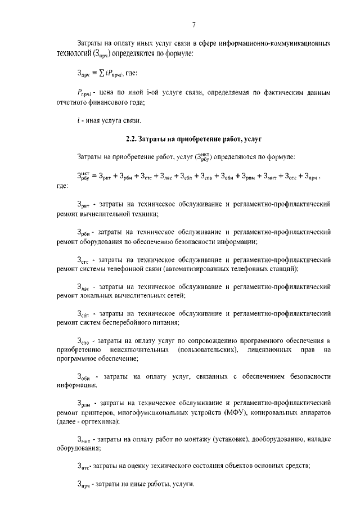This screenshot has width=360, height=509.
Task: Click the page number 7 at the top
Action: [x=193, y=24]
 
